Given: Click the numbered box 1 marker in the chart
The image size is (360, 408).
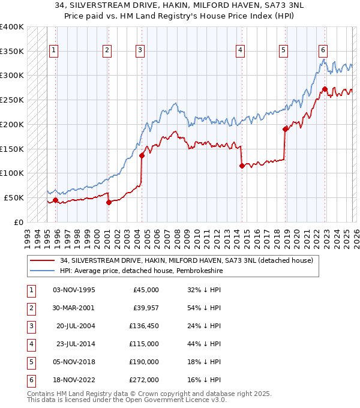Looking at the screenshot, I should pyautogui.click(x=55, y=51).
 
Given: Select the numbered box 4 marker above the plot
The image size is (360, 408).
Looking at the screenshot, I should pyautogui.click(x=240, y=51).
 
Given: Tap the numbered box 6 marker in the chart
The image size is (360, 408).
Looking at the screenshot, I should pyautogui.click(x=323, y=51).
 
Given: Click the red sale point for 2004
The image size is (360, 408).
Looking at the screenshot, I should pyautogui.click(x=142, y=155).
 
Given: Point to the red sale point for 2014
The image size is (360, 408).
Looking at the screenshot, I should pyautogui.click(x=242, y=166).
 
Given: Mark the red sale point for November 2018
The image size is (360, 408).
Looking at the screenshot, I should pyautogui.click(x=285, y=129).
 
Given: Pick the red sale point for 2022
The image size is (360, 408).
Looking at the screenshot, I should pyautogui.click(x=325, y=89).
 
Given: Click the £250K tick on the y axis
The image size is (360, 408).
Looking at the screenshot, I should pyautogui.click(x=12, y=100).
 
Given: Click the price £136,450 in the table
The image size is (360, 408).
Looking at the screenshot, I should pyautogui.click(x=144, y=326).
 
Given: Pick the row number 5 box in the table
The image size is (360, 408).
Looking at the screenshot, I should pyautogui.click(x=29, y=362).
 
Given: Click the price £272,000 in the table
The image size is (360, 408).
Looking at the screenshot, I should pyautogui.click(x=144, y=380).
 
